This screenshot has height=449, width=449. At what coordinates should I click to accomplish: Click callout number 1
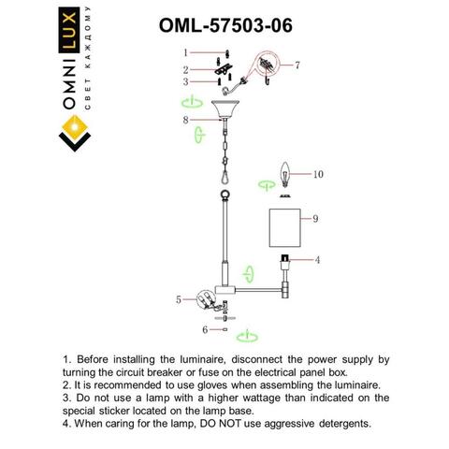pyautogui.click(x=186, y=52)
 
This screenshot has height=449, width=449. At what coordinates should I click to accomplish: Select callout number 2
pyautogui.click(x=186, y=70)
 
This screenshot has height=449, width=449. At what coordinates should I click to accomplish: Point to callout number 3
pyautogui.click(x=186, y=82)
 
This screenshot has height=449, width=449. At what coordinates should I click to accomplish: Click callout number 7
pyautogui.click(x=297, y=65)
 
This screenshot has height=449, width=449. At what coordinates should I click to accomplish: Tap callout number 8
pyautogui.click(x=186, y=120)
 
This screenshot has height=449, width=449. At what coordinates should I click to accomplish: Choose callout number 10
pyautogui.click(x=318, y=174)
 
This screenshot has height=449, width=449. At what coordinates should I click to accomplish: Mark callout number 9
pyautogui.click(x=316, y=218)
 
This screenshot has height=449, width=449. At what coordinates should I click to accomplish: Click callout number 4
pyautogui.click(x=318, y=258)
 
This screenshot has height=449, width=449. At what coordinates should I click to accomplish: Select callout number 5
pyautogui.click(x=179, y=299)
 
